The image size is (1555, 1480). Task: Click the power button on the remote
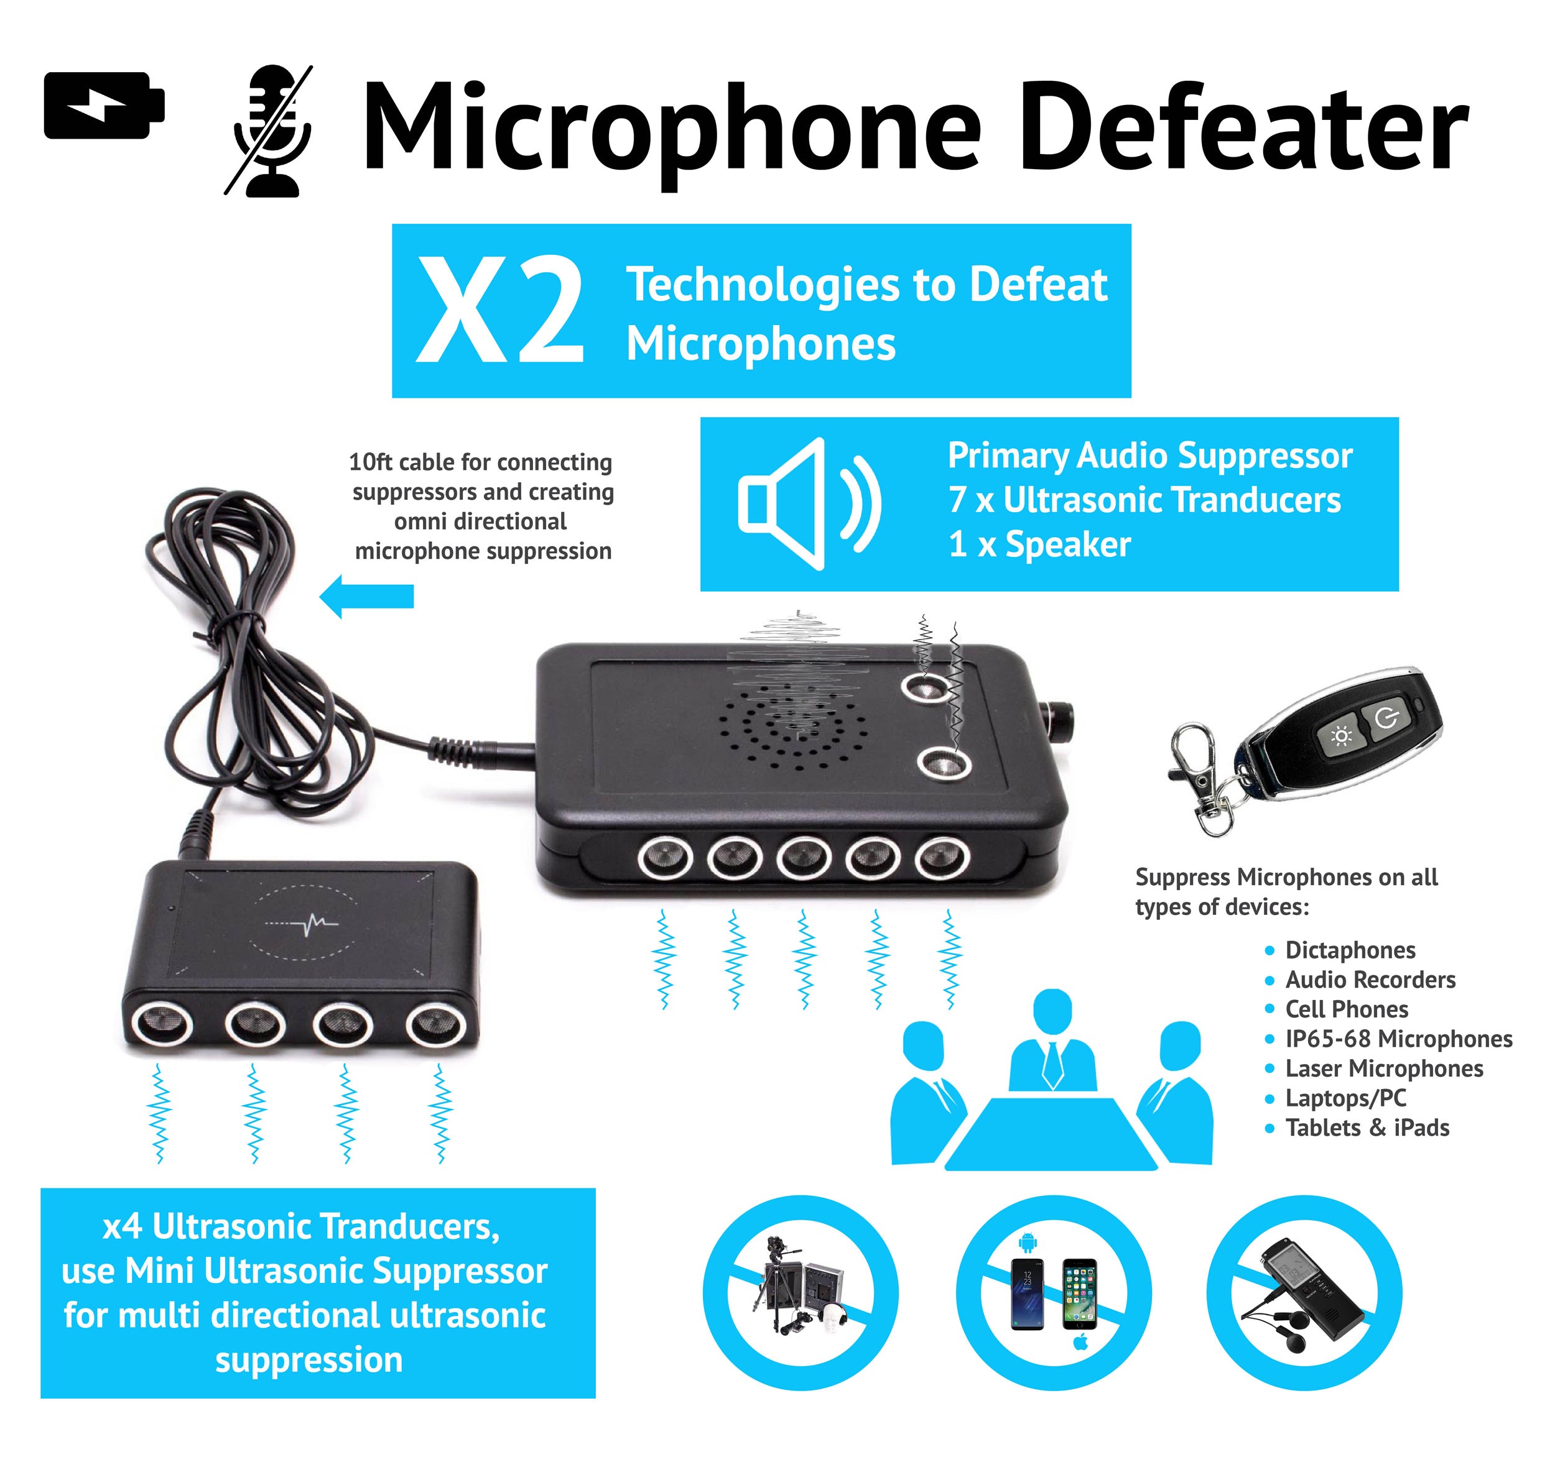[1388, 720]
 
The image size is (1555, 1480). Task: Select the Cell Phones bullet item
[1346, 1009]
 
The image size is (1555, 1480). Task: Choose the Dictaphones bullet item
[1350, 950]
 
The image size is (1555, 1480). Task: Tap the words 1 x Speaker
[1039, 545]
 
